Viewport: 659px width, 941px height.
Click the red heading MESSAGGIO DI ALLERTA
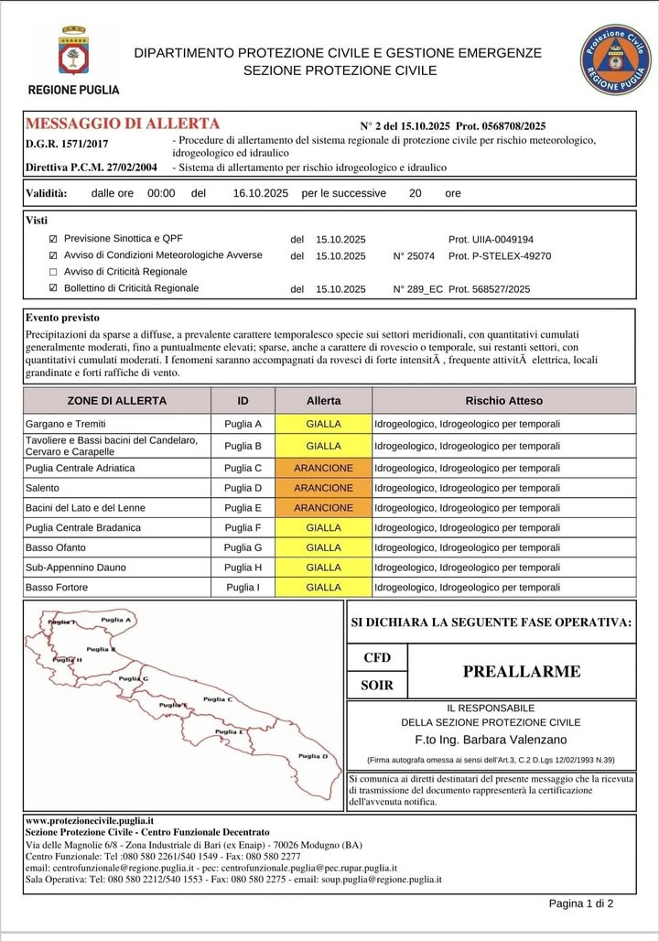[x=123, y=124]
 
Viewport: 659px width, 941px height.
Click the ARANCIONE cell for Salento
[x=324, y=488]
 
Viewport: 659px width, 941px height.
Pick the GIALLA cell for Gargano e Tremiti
[x=324, y=424]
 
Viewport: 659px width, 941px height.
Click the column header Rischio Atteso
[x=503, y=401]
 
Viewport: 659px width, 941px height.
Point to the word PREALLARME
[x=522, y=671]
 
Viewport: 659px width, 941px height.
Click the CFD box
[x=377, y=657]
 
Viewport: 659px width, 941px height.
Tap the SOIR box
[x=377, y=685]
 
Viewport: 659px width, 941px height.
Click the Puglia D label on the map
[x=313, y=756]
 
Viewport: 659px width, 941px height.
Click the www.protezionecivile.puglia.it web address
[x=90, y=821]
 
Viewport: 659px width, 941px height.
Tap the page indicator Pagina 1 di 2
[x=581, y=903]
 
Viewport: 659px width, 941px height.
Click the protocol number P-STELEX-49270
[x=500, y=256]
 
